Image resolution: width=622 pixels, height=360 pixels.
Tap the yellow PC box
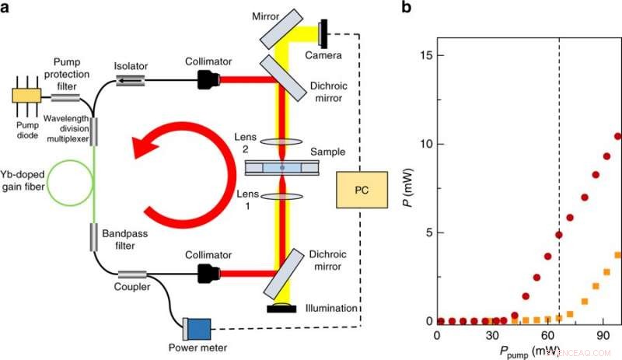[362, 190]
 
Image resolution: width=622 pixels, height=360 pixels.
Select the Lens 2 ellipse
[282, 141]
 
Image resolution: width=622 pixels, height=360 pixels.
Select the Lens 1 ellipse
[282, 197]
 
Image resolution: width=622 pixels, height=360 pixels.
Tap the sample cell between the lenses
[282, 168]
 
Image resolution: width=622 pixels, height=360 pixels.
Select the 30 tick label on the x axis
[491, 336]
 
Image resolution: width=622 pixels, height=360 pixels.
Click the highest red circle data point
[618, 136]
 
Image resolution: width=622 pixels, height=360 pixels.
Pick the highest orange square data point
[618, 255]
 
